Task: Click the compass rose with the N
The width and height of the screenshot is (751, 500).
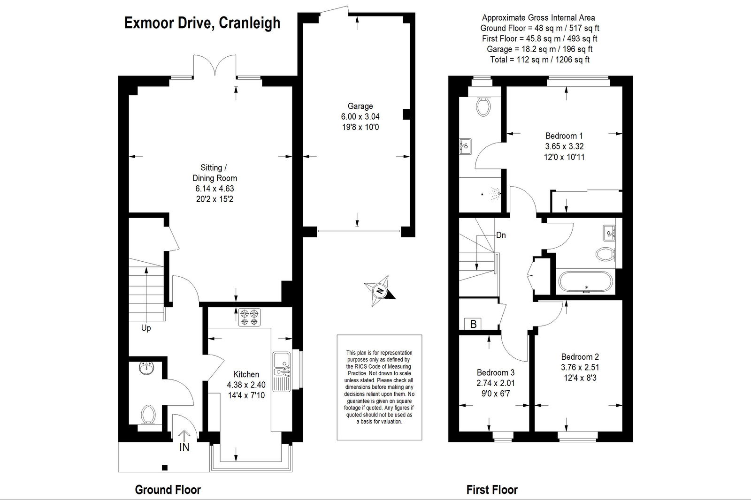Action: pos(380,290)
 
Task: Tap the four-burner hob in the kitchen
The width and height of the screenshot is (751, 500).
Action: pos(249,318)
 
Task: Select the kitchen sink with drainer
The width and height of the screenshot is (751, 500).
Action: pos(282,371)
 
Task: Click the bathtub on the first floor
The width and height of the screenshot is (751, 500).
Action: pos(585,282)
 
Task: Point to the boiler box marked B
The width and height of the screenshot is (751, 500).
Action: pos(473,324)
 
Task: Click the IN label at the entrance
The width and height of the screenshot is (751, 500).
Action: pos(184,447)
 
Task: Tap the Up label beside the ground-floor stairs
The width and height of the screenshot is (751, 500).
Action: pos(146,328)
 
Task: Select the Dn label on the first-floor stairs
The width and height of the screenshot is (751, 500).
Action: pos(501,235)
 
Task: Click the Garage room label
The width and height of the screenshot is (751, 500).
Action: pos(360,106)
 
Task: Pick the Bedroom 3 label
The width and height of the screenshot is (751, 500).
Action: pos(496,372)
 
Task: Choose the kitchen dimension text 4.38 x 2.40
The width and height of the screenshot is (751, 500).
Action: pos(246,385)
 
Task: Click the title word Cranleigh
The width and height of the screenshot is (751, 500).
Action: pos(249,23)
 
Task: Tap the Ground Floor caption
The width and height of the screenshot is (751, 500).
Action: pos(168,490)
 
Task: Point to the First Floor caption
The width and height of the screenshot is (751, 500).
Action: pos(492,490)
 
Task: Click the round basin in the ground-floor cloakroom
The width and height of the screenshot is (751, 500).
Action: pos(146,368)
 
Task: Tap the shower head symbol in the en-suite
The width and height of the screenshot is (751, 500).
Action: pos(495,193)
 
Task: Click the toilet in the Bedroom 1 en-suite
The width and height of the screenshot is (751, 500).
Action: pos(483,106)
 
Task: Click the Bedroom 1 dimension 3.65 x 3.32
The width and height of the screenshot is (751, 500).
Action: pos(564,146)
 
